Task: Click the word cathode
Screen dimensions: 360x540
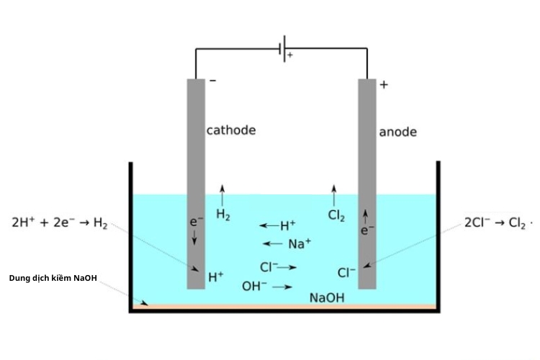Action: (231, 130)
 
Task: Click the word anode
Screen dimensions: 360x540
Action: (397, 132)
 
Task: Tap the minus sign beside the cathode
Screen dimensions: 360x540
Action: (212, 81)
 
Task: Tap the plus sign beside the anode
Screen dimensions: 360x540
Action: (384, 84)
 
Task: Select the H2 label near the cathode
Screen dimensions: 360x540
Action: (223, 215)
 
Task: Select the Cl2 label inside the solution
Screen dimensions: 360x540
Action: (336, 215)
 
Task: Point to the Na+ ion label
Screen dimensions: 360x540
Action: (300, 243)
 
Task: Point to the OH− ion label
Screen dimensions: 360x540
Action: (253, 286)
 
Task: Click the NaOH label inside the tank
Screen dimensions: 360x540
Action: (327, 297)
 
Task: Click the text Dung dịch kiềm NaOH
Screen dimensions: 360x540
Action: (53, 278)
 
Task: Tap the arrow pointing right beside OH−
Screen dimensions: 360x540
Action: (282, 287)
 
